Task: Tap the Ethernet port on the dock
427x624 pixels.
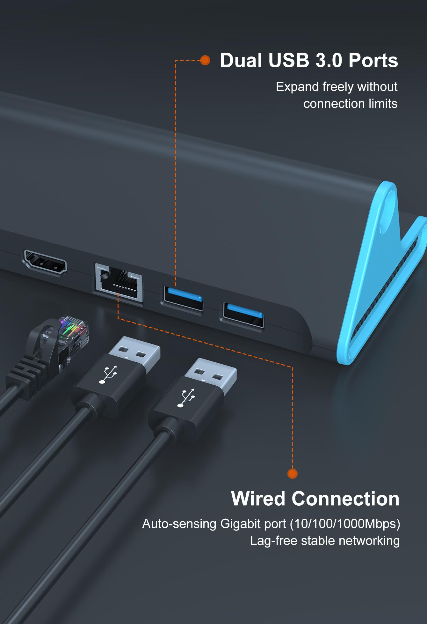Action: [119, 282]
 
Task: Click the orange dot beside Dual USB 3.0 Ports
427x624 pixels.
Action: [205, 60]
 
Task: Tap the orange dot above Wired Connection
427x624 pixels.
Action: [292, 473]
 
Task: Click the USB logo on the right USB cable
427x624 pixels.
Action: [186, 398]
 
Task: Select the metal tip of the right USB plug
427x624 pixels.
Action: [212, 373]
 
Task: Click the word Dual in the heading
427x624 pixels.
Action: [241, 61]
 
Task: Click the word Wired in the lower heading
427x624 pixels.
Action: [258, 499]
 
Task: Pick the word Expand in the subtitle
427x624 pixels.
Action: [297, 87]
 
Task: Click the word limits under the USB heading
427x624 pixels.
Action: [383, 104]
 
